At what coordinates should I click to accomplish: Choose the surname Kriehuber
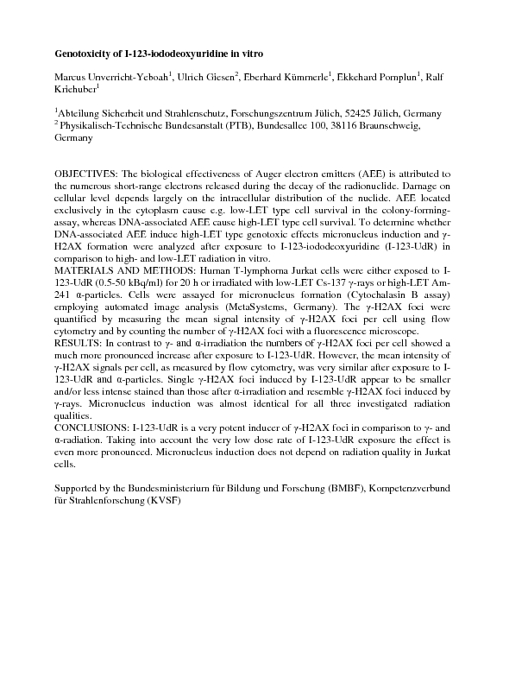tap(76, 89)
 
